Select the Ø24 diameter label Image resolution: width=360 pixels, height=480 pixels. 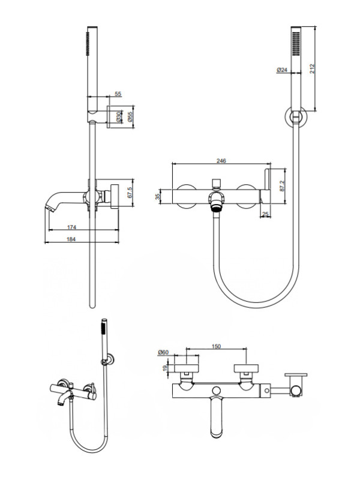point(282,70)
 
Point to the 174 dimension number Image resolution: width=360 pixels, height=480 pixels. point(72,226)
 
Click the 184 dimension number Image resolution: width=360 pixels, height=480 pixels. point(72,239)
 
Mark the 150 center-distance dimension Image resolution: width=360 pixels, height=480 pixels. point(217,346)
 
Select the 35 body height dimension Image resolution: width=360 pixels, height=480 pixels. point(157,196)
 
